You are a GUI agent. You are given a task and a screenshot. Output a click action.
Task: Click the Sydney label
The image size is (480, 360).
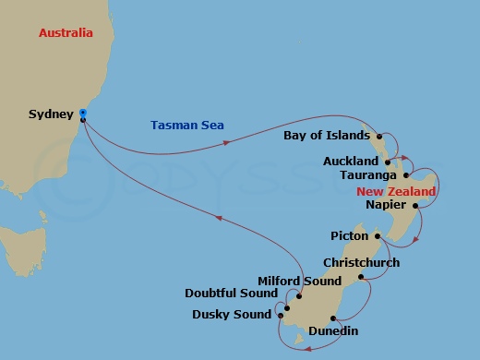point(52,114)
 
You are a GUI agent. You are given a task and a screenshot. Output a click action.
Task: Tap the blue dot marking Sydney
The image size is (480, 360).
point(83,114)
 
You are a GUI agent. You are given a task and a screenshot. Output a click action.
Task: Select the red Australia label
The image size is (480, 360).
point(66,33)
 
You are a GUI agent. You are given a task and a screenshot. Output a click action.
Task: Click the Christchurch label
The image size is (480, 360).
point(361,262)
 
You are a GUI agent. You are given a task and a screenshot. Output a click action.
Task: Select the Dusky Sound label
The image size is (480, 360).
point(232,314)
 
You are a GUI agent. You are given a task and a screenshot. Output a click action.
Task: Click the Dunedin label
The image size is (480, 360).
point(332,330)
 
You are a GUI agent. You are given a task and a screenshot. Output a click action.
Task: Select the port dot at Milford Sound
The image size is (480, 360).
point(299,295)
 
